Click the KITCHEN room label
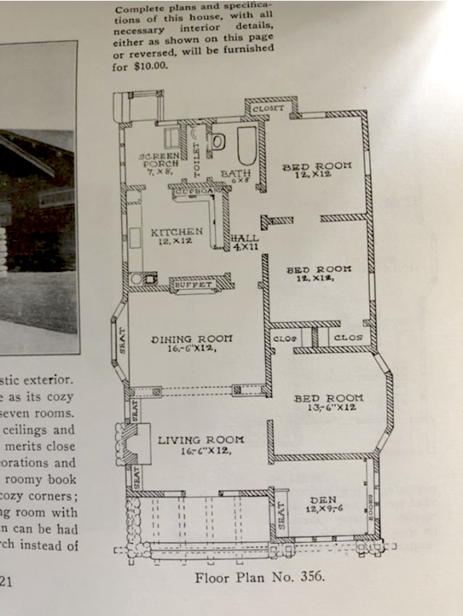[x=177, y=232]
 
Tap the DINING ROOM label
[x=192, y=339]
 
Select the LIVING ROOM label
[x=201, y=440]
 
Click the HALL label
[x=245, y=238]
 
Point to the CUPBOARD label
[x=198, y=191]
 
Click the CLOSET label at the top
[x=268, y=109]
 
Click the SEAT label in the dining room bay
[x=122, y=340]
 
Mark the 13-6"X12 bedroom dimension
[x=331, y=407]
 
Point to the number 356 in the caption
[x=312, y=576]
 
